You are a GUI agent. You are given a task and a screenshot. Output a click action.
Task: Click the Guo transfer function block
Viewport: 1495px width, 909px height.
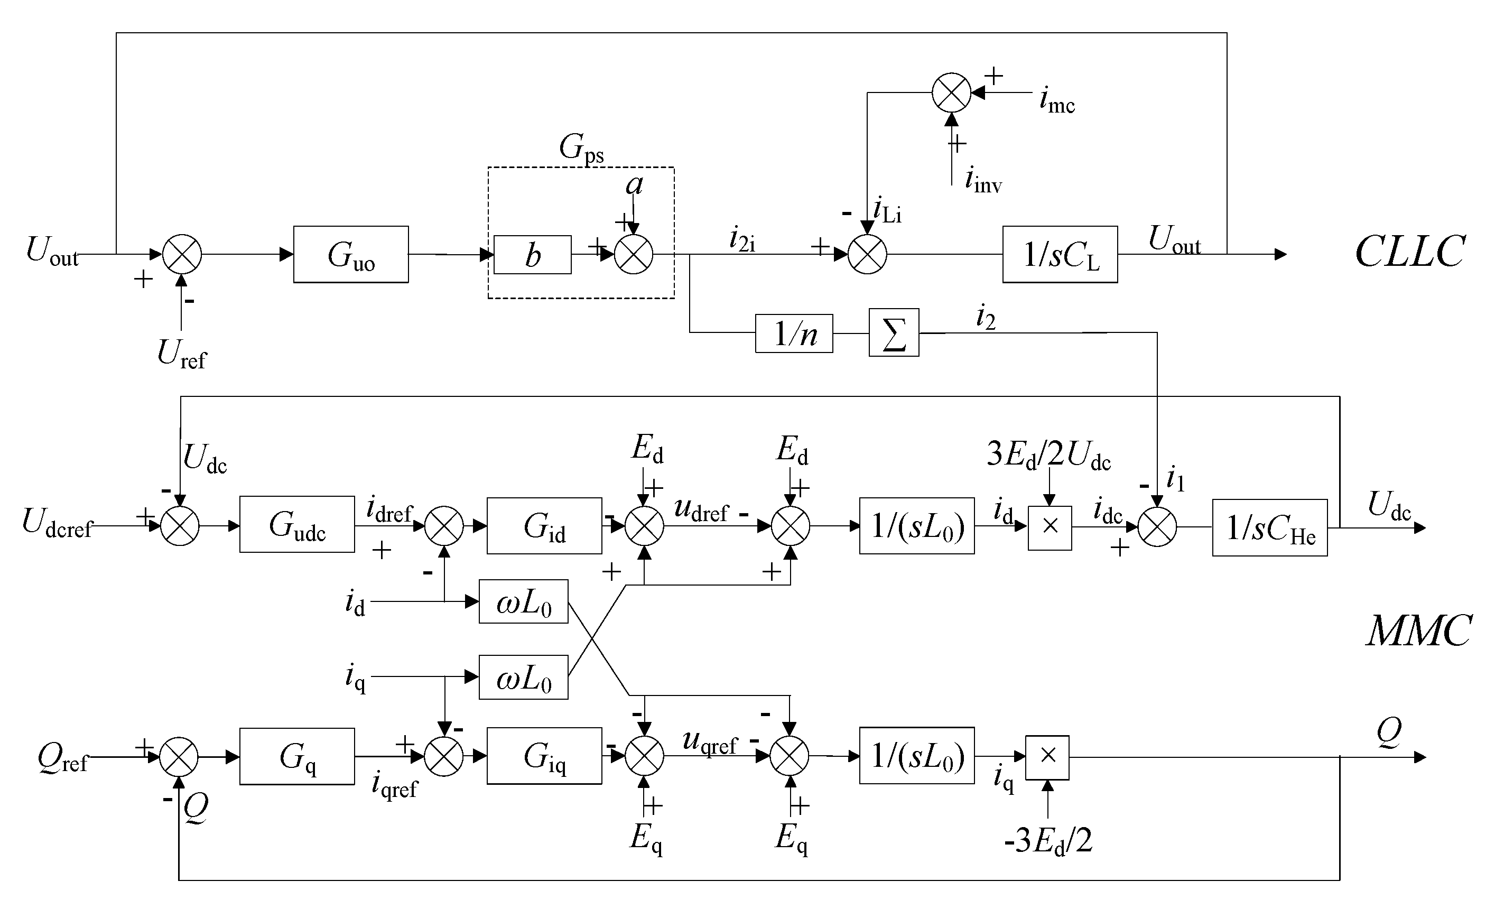pos(351,254)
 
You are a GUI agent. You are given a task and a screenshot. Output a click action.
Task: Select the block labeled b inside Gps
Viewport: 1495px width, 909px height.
pos(532,255)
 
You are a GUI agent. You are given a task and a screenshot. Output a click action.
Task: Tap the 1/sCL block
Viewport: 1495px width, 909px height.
pos(1060,255)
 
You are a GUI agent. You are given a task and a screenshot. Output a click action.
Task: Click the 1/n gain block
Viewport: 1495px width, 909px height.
pos(794,333)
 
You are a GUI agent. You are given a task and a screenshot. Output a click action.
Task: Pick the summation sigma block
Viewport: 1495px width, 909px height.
pos(894,332)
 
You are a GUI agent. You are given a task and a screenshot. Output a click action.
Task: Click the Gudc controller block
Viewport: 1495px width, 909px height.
pos(296,524)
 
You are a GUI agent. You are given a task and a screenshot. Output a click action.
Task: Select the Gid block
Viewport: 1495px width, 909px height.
pos(544,525)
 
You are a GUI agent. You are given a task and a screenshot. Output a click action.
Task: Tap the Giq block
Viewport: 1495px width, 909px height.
pos(544,756)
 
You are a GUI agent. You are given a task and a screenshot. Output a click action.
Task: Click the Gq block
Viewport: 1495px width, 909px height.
pos(296,756)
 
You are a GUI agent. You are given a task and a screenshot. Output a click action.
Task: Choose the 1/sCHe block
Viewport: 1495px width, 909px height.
pos(1269,527)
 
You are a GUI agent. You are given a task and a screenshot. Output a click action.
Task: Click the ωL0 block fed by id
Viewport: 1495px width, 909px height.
pos(523,601)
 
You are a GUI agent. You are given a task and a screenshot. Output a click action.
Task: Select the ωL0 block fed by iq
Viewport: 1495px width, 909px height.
pos(523,676)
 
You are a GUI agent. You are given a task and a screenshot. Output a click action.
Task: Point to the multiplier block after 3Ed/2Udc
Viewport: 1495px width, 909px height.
pos(1050,527)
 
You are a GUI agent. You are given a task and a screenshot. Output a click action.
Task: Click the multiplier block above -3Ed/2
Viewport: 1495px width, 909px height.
pos(1047,757)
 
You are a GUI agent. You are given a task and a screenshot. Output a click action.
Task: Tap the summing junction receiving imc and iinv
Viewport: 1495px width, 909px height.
pos(951,93)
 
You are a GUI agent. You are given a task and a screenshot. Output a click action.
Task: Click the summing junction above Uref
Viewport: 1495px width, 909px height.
pos(181,254)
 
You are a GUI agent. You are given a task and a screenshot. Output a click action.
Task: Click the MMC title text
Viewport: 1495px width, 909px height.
pos(1418,631)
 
